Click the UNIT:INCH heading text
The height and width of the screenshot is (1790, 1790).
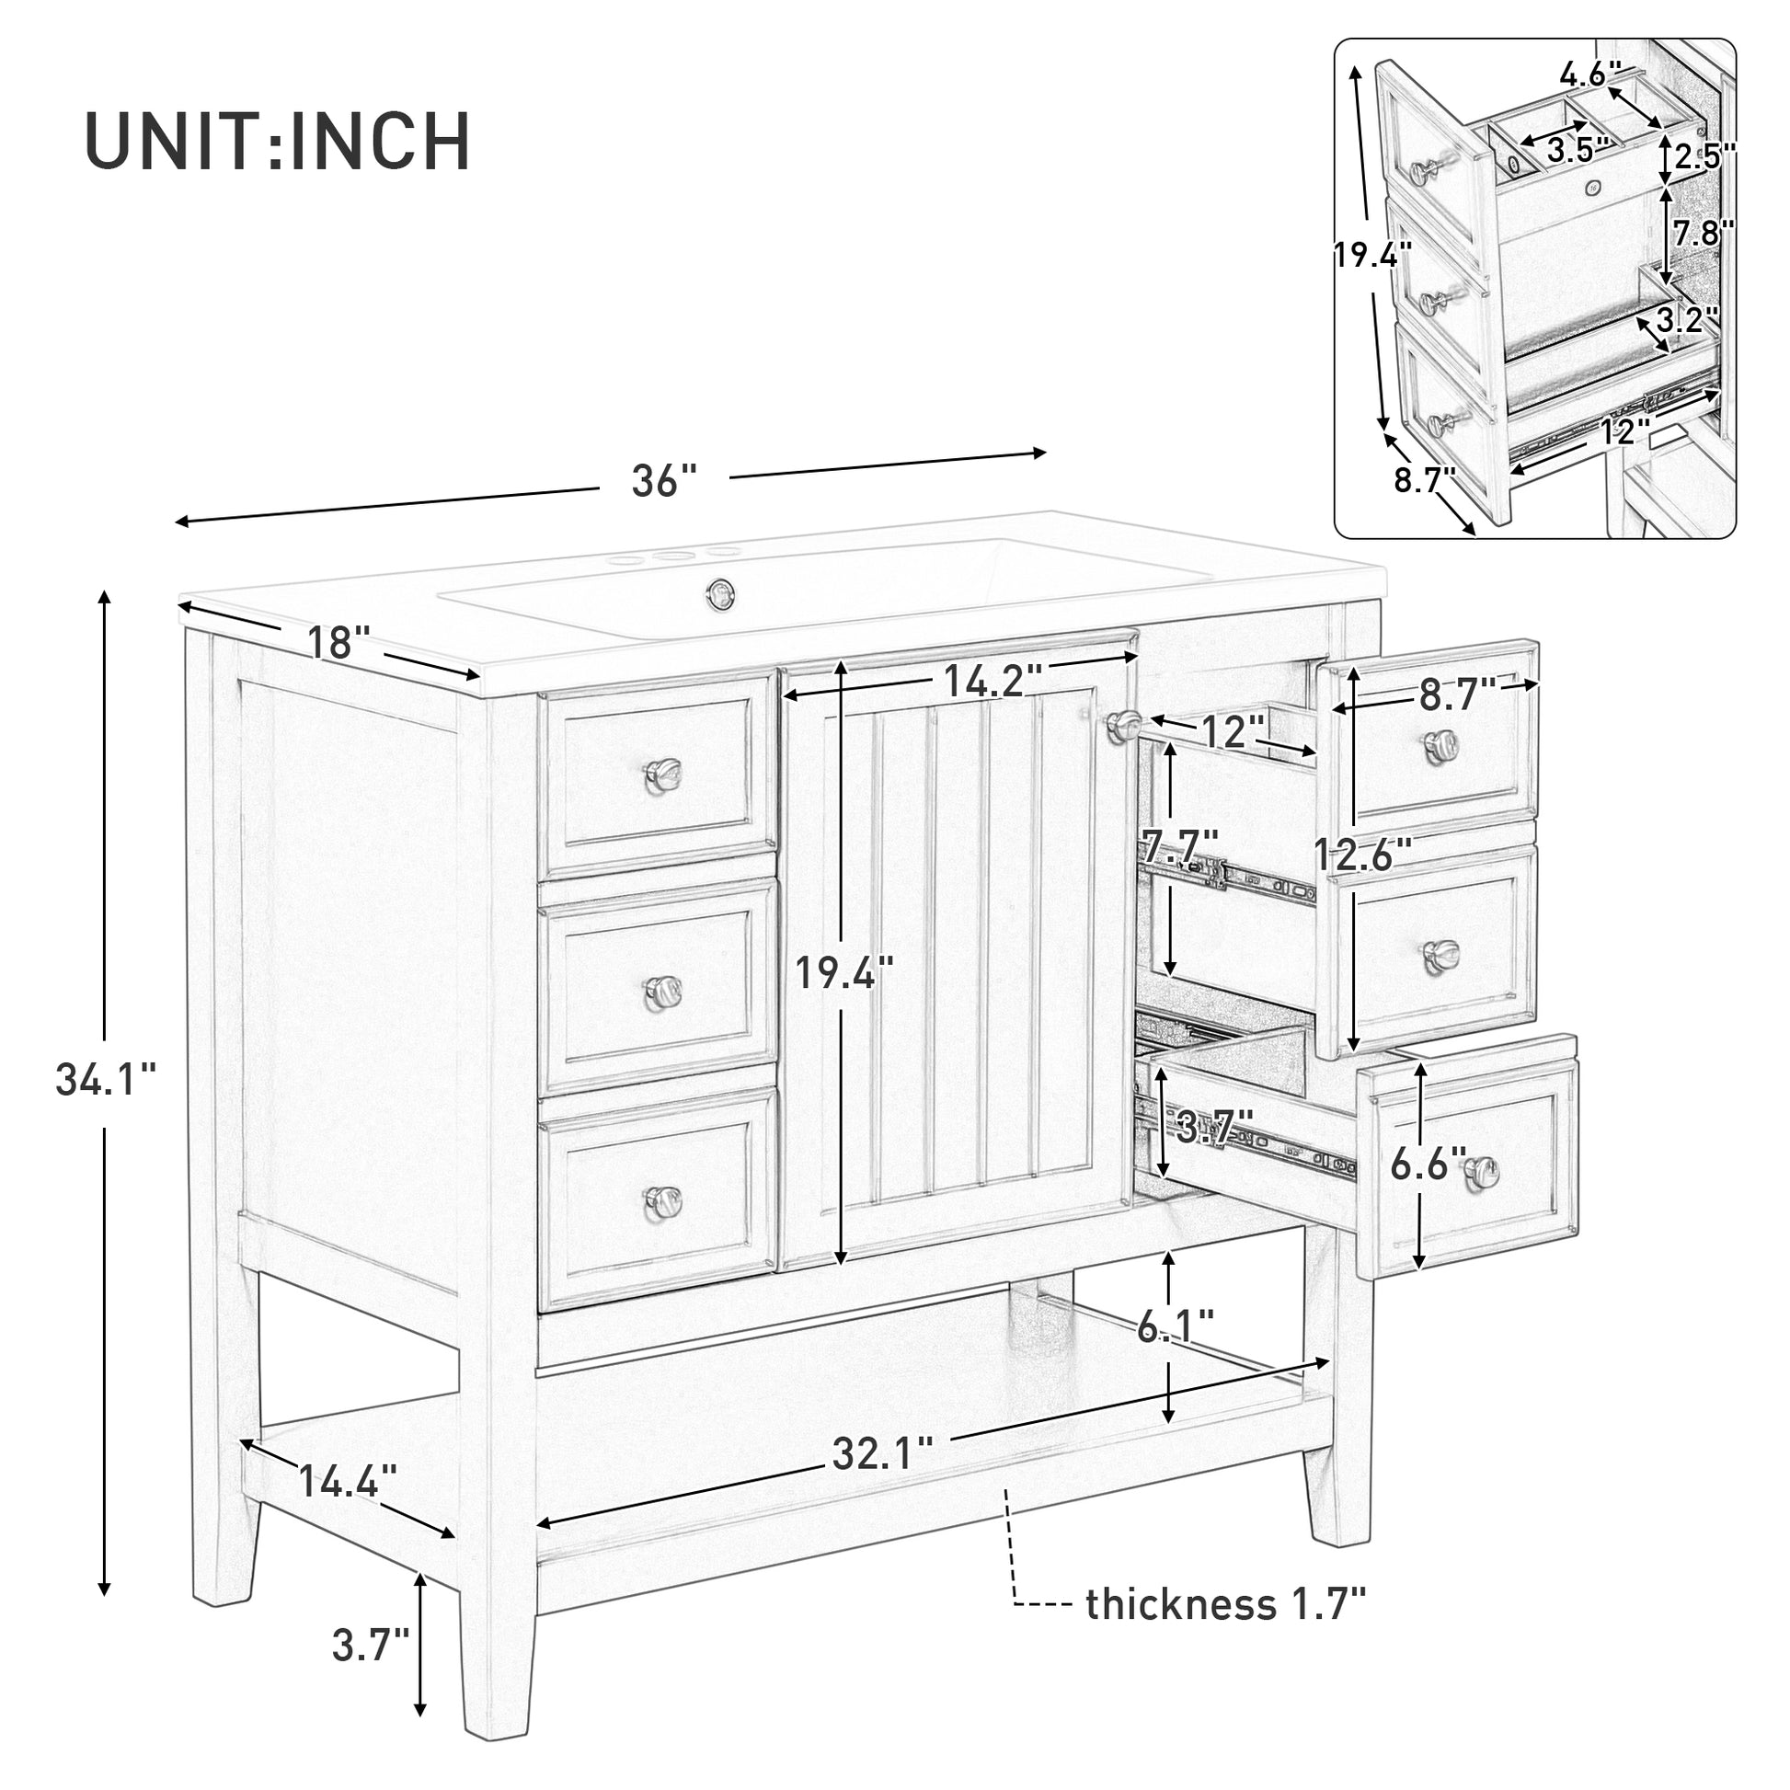click(x=277, y=142)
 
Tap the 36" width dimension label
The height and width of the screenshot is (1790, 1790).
click(x=663, y=482)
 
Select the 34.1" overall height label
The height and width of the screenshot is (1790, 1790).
click(x=105, y=1079)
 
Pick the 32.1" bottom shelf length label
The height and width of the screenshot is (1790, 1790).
click(x=881, y=1453)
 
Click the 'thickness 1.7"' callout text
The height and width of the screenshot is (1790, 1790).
click(x=1226, y=1604)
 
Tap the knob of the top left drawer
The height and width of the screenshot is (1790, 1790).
click(x=662, y=773)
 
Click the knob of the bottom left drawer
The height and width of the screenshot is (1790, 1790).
click(x=662, y=1199)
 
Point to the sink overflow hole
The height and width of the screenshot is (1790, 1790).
click(x=718, y=591)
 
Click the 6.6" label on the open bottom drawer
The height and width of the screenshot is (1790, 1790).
click(x=1428, y=1165)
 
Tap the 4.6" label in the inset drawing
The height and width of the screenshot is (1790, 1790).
click(x=1589, y=74)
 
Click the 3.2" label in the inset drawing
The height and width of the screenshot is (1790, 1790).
click(x=1687, y=321)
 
